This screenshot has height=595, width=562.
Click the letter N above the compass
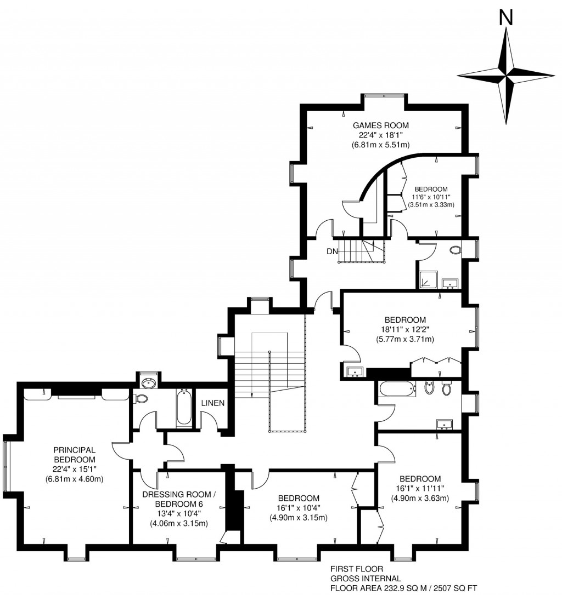point(505,19)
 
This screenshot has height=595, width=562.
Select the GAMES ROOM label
point(381,125)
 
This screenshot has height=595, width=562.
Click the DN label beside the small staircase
point(331,251)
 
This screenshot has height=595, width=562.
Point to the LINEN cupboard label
point(212,403)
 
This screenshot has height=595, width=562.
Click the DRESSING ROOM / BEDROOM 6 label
point(179,499)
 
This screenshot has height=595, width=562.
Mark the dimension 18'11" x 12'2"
point(405,329)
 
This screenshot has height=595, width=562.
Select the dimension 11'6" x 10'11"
point(431,197)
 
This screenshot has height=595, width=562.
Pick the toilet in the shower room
point(455,250)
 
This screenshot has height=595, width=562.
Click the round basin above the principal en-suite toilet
point(148,382)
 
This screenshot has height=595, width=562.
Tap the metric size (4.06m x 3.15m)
point(179,523)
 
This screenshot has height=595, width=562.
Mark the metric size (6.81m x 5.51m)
point(381,145)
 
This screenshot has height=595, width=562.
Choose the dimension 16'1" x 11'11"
point(420,488)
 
